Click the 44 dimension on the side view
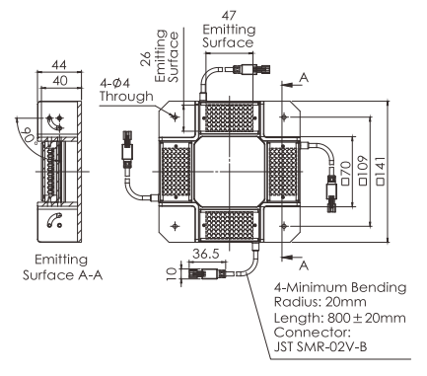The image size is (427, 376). point(59,65)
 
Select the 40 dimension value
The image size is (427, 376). point(60,80)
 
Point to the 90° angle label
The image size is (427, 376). point(31,135)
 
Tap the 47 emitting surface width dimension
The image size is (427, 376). point(229,16)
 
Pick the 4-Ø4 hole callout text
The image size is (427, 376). point(115,83)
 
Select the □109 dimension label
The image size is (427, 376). point(364,170)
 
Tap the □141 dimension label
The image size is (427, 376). point(381,171)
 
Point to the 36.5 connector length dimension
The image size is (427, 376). point(206,254)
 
